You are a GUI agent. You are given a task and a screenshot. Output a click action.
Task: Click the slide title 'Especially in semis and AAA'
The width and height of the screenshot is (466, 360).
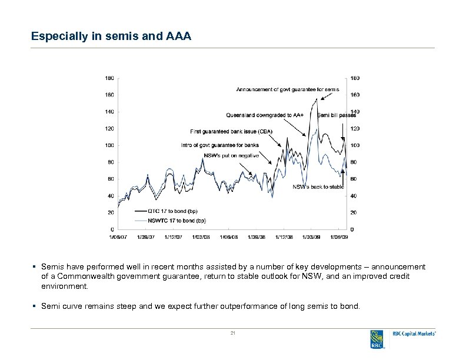pyautogui.click(x=111, y=36)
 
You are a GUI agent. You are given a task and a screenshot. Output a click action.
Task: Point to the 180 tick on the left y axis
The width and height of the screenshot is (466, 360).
pyautogui.click(x=110, y=78)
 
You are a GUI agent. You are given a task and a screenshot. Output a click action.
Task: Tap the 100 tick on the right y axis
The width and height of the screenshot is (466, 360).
pyautogui.click(x=355, y=145)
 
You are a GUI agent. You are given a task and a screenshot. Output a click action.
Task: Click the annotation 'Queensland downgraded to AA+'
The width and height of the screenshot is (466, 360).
pyautogui.click(x=265, y=115)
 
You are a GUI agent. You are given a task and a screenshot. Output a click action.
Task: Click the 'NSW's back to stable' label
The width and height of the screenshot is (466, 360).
pyautogui.click(x=318, y=187)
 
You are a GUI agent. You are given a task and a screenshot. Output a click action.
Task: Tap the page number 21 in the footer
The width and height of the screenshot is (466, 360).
pyautogui.click(x=233, y=334)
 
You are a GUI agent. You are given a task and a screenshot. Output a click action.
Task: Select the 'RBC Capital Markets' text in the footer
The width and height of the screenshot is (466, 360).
pyautogui.click(x=414, y=334)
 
